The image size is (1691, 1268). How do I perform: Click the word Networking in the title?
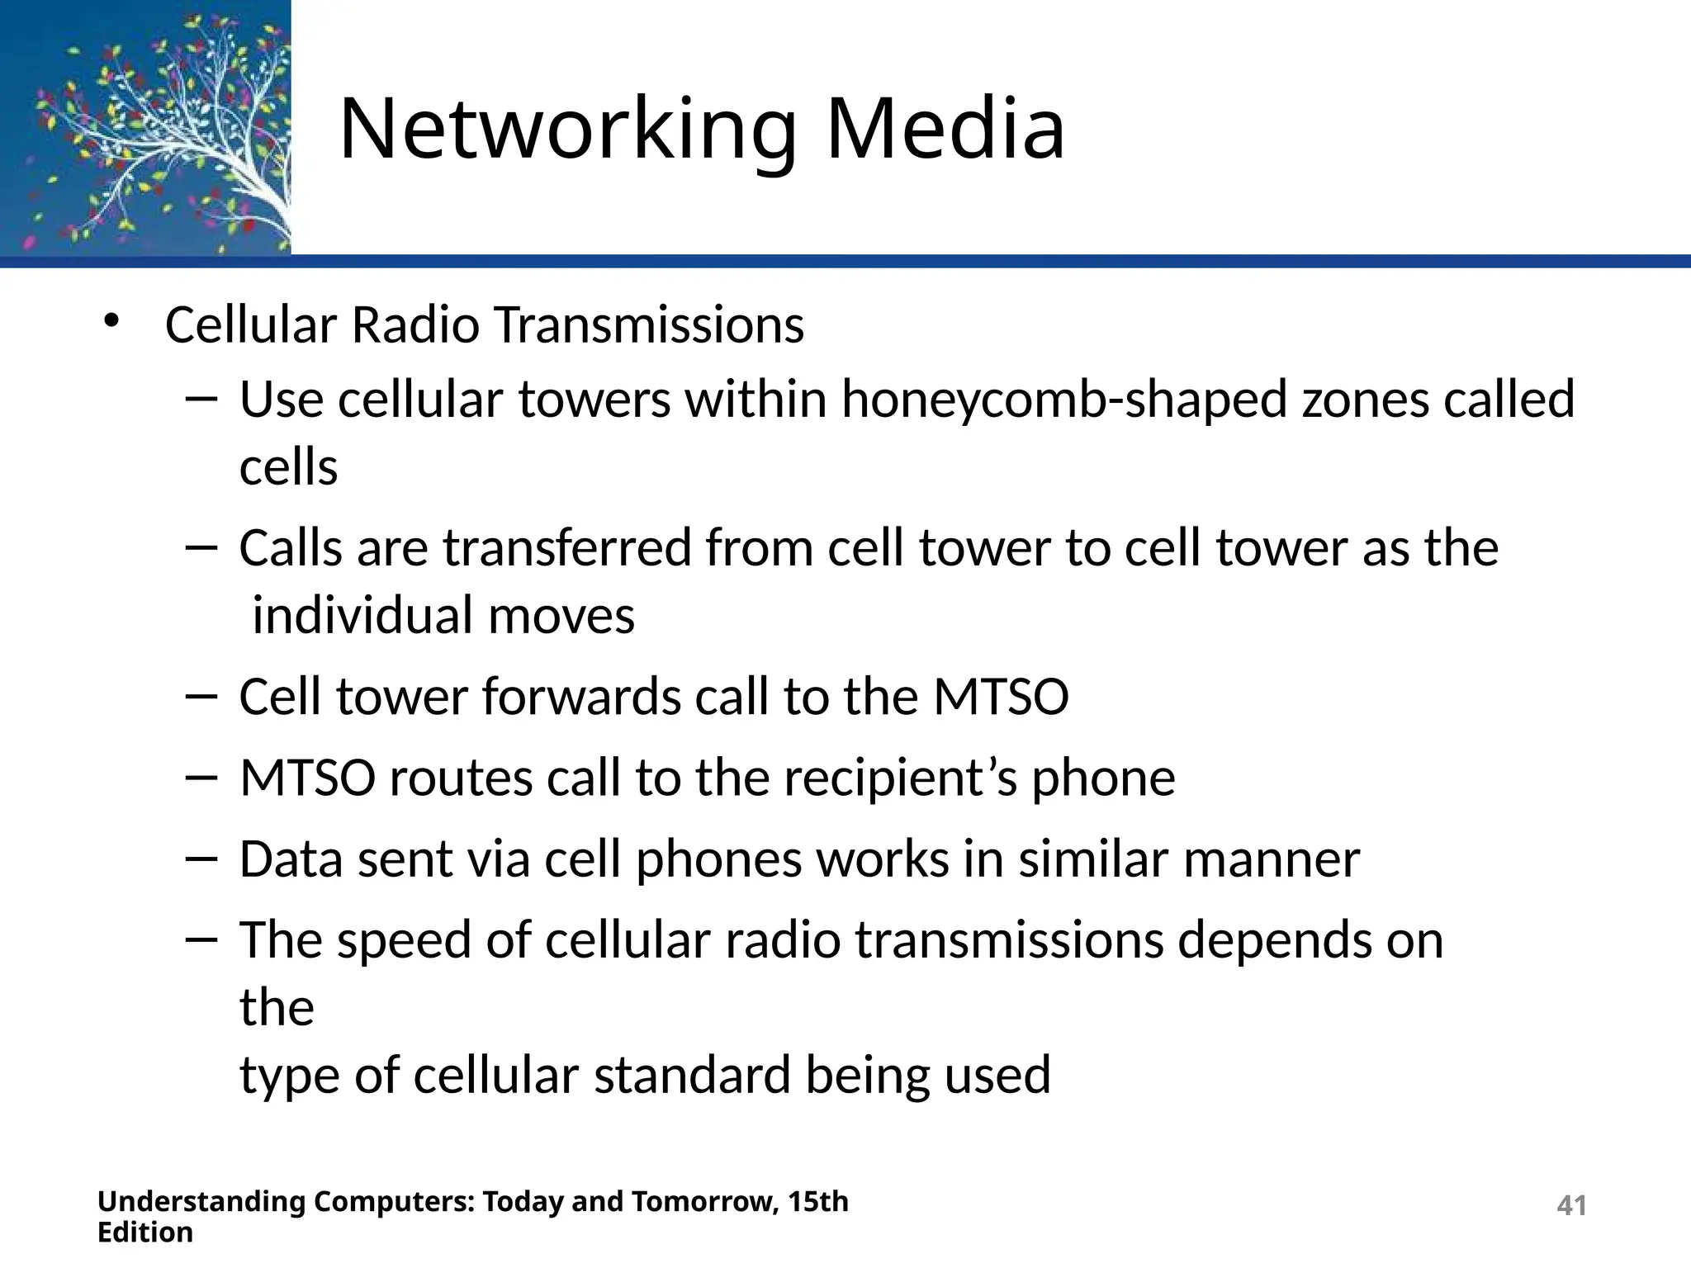click(568, 130)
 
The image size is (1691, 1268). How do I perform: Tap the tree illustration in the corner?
click(145, 128)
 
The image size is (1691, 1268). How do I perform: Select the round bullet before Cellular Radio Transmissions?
click(111, 321)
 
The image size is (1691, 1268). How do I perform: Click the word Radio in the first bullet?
click(415, 324)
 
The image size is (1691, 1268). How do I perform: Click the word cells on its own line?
click(289, 468)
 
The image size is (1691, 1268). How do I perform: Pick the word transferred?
click(567, 548)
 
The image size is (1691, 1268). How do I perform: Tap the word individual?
click(362, 616)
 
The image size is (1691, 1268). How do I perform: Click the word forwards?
click(581, 697)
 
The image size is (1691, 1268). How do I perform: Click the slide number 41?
click(1571, 1206)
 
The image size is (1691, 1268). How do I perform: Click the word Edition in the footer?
click(145, 1233)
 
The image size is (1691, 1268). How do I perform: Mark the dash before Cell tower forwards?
click(201, 697)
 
